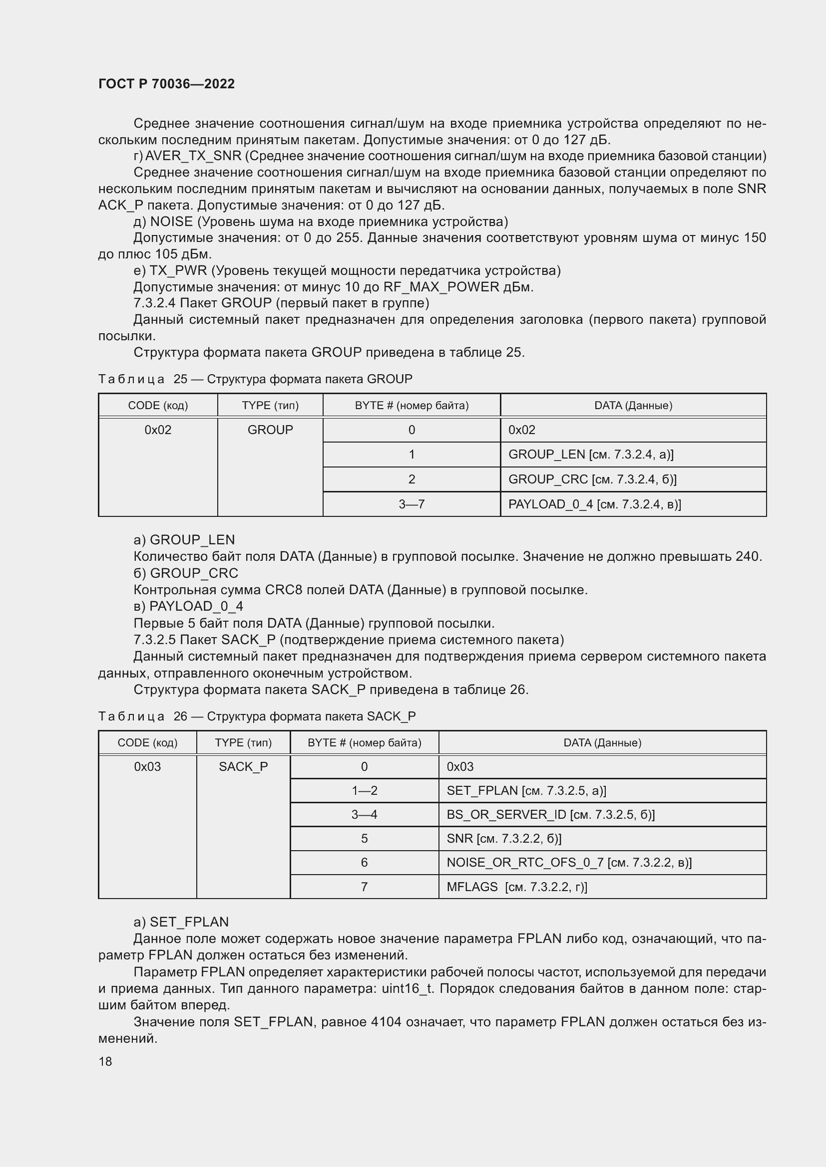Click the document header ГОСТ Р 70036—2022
tap(166, 84)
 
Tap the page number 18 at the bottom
tap(105, 1061)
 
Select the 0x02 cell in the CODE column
tap(158, 430)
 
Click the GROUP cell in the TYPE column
tap(270, 430)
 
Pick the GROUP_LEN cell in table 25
tap(590, 455)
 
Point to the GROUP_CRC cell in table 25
tap(592, 479)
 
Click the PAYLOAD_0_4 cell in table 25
tap(594, 504)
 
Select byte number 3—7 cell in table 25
tap(412, 504)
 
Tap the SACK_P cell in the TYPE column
tap(243, 766)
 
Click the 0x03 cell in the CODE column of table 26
tap(147, 766)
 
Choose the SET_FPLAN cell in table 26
tap(526, 790)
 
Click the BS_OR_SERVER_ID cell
tap(550, 815)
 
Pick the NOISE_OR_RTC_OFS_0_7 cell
tap(569, 863)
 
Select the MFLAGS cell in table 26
tap(516, 887)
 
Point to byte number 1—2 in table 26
tap(364, 790)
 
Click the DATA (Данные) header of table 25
tap(633, 406)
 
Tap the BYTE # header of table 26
tap(364, 742)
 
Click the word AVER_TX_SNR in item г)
tap(193, 156)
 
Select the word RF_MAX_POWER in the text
tap(441, 287)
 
